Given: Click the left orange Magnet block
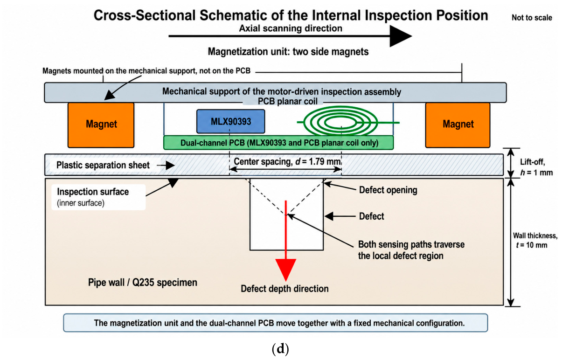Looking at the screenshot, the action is (x=101, y=125).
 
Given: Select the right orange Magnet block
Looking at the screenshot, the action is (x=458, y=125).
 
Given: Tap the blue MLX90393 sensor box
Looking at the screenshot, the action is (x=230, y=121).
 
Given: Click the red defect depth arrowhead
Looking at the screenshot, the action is (x=285, y=269).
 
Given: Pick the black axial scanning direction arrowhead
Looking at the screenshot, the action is (x=401, y=36).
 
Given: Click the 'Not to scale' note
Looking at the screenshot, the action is (x=532, y=18).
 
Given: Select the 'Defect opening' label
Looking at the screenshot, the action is (x=388, y=190).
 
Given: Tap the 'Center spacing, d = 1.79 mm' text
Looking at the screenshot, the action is (x=287, y=161).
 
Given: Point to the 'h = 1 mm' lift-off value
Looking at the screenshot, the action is (x=536, y=173).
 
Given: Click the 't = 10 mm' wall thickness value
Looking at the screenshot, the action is (x=532, y=245).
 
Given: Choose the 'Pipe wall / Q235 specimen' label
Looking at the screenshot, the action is (x=143, y=283).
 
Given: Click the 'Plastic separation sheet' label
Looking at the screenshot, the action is (x=103, y=165).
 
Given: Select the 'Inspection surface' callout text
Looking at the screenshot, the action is (x=93, y=192).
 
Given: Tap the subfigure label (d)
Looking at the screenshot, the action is (x=280, y=349).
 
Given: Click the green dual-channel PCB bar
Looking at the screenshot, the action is (x=278, y=143).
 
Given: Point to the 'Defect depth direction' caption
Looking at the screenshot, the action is (x=284, y=289).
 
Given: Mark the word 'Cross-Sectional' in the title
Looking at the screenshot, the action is (x=145, y=15).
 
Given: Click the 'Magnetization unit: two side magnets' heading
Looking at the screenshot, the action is (x=288, y=52).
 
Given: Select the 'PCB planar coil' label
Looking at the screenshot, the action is (x=287, y=101).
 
